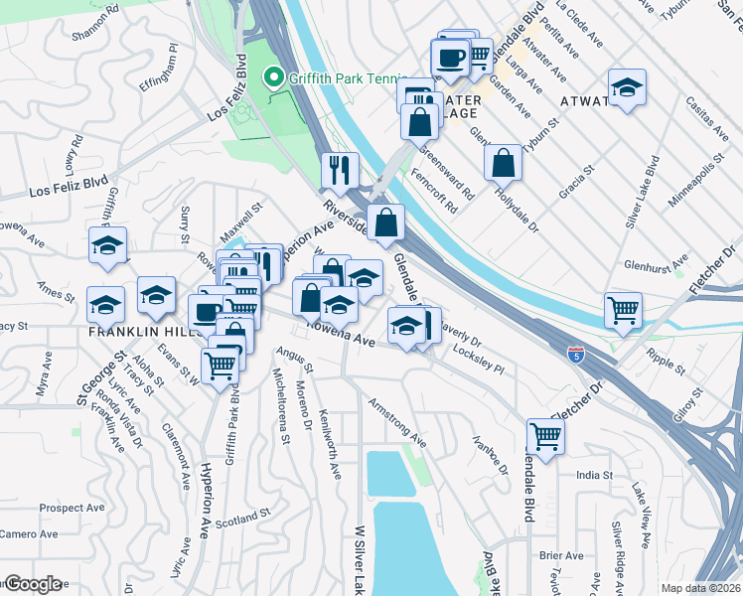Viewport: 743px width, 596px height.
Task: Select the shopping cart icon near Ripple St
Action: click(624, 309)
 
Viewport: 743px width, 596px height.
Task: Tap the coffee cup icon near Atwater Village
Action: click(451, 57)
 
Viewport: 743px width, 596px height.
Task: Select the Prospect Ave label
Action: click(74, 508)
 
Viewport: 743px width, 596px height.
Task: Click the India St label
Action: click(596, 475)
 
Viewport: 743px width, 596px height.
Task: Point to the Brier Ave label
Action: click(562, 555)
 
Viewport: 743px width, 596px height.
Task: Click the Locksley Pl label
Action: click(479, 359)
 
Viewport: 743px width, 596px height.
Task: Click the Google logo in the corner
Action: click(33, 584)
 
